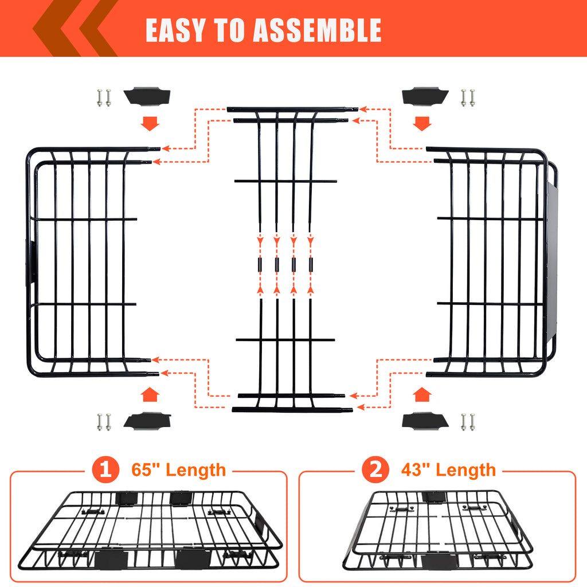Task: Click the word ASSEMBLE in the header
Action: tap(316, 30)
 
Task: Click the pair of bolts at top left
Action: tap(103, 98)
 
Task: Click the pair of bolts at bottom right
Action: tap(468, 422)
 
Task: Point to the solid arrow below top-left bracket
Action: tap(150, 123)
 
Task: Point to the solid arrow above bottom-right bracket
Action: tap(422, 395)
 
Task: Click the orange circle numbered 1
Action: tap(105, 471)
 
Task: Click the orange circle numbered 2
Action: tap(375, 471)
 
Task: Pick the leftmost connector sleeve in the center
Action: tap(259, 265)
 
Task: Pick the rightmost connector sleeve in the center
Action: tap(311, 265)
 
